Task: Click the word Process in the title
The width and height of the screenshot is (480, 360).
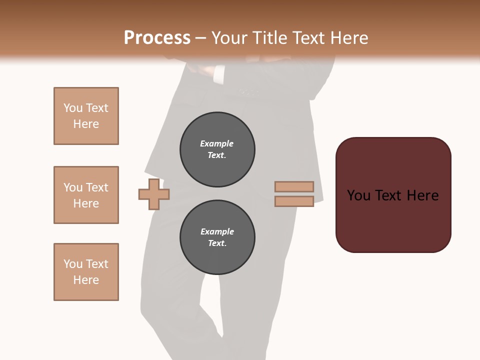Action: (x=157, y=38)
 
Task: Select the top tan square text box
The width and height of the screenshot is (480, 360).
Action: (x=86, y=116)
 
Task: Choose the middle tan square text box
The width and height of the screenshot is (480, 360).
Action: (x=86, y=195)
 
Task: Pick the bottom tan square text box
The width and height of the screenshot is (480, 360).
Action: (x=86, y=272)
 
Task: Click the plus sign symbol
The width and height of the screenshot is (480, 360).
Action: (x=154, y=194)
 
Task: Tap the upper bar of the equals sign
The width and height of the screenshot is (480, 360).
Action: (x=294, y=186)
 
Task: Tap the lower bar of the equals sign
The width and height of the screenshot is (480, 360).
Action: (x=294, y=201)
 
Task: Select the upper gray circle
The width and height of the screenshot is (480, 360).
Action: (x=217, y=149)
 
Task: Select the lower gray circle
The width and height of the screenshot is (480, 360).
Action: (x=217, y=237)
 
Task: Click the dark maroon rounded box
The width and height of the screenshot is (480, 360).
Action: (x=393, y=194)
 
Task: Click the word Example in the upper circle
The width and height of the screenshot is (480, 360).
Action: (x=217, y=143)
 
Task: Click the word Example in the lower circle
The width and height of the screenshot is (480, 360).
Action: (x=217, y=231)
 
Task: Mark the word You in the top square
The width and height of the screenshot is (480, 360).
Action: (x=72, y=108)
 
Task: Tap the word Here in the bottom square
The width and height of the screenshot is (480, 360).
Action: (x=86, y=280)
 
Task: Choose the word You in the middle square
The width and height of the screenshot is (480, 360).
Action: (x=72, y=187)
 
